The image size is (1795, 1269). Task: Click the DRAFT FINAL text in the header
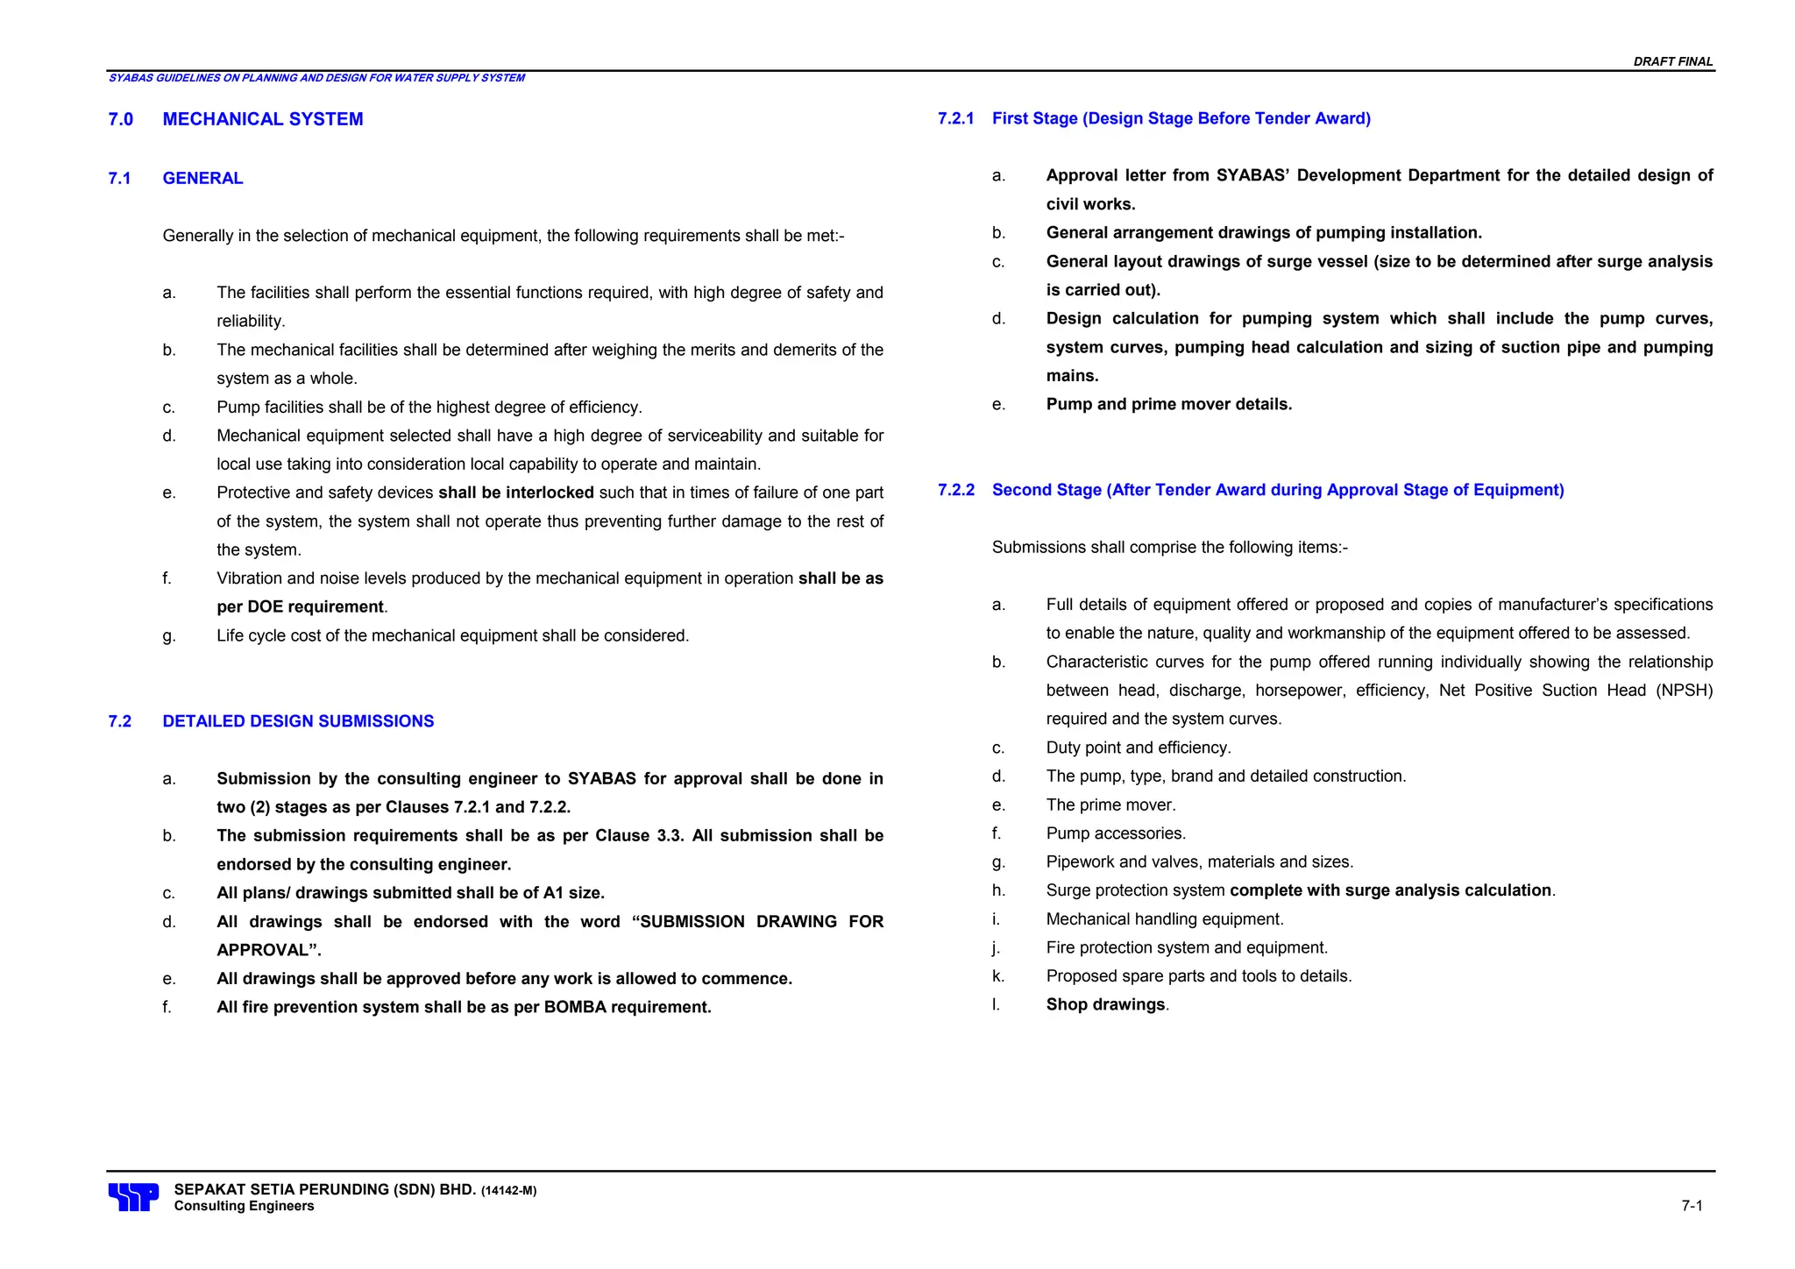point(1672,61)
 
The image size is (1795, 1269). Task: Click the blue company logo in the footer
point(133,1196)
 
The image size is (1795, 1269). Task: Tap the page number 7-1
point(1692,1206)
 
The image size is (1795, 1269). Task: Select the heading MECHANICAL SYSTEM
point(262,119)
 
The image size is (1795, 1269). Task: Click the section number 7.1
point(119,179)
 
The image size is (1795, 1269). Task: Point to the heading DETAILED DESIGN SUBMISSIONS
point(298,721)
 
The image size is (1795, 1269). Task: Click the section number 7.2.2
point(955,490)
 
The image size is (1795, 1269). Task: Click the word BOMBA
point(575,1007)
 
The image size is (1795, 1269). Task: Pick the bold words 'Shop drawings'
point(1105,1004)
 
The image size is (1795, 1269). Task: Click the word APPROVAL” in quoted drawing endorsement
point(268,950)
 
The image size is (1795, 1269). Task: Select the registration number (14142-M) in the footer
point(508,1191)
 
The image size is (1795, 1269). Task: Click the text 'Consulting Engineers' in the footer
point(244,1206)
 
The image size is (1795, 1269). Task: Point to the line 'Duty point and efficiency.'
point(1138,748)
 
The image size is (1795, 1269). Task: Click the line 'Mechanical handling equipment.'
point(1164,919)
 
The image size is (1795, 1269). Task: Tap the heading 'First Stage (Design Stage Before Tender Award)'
point(1181,118)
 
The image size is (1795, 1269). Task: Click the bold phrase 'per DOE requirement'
point(300,607)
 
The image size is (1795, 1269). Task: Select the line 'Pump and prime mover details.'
point(1168,404)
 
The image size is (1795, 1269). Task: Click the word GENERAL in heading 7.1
point(202,179)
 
